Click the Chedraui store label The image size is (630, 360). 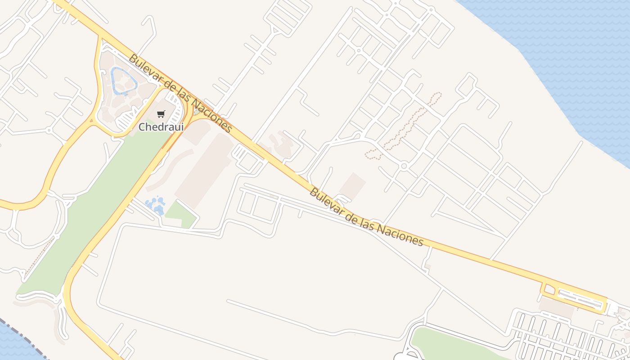coord(161,127)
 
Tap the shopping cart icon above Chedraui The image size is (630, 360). coord(161,114)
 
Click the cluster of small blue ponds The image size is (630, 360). coord(155,205)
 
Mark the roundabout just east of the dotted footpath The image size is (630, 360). coord(404,166)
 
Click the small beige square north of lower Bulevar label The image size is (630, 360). coord(352,185)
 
